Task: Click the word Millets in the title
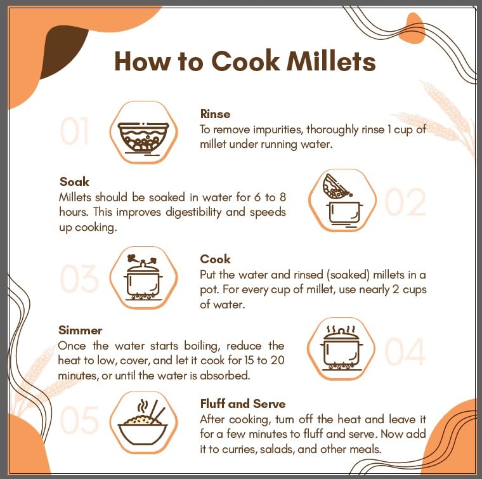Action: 331,61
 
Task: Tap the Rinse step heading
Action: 215,114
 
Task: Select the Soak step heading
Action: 74,181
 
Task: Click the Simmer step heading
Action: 81,330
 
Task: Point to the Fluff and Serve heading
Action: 243,404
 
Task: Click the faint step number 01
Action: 74,131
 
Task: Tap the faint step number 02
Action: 406,202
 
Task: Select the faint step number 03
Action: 79,279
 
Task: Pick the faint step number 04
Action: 405,351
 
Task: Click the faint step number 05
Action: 79,419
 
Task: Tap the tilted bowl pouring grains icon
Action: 335,186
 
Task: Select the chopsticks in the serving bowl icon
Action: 157,411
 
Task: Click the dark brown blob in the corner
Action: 63,51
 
